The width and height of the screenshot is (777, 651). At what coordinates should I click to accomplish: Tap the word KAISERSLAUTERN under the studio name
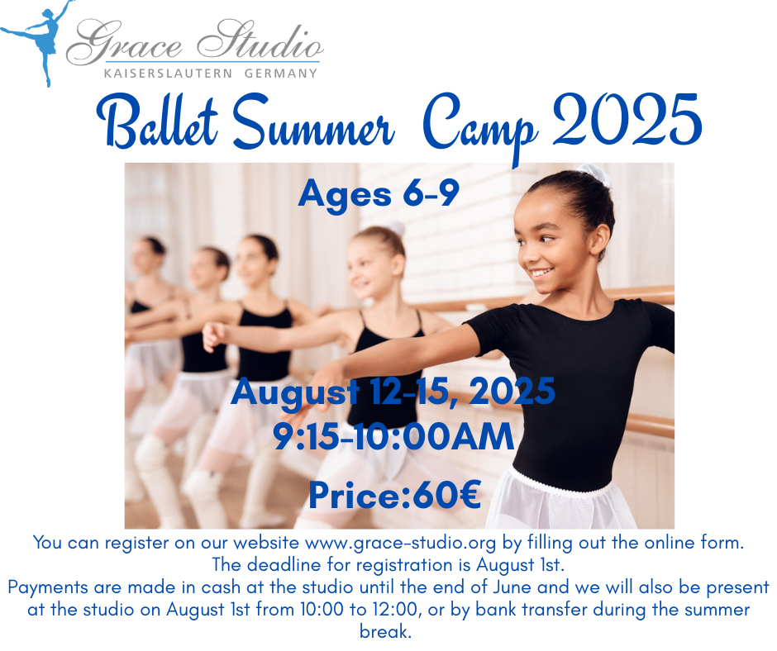pyautogui.click(x=168, y=74)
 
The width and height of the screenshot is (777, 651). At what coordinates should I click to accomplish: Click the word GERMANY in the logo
pyautogui.click(x=281, y=74)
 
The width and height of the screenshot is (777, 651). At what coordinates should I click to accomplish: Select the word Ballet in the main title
pyautogui.click(x=157, y=121)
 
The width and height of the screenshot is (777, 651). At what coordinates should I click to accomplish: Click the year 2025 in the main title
pyautogui.click(x=627, y=119)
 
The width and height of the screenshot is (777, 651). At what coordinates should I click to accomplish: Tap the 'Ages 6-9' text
pyautogui.click(x=379, y=194)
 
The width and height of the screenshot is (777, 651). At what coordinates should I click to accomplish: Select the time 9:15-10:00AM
pyautogui.click(x=394, y=437)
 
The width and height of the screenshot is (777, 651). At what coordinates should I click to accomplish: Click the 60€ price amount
pyautogui.click(x=446, y=496)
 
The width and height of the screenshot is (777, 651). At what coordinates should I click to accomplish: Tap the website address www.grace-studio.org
pyautogui.click(x=400, y=544)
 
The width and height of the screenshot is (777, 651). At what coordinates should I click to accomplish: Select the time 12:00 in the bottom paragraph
pyautogui.click(x=395, y=610)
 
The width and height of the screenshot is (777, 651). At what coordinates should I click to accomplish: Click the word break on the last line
pyautogui.click(x=385, y=632)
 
